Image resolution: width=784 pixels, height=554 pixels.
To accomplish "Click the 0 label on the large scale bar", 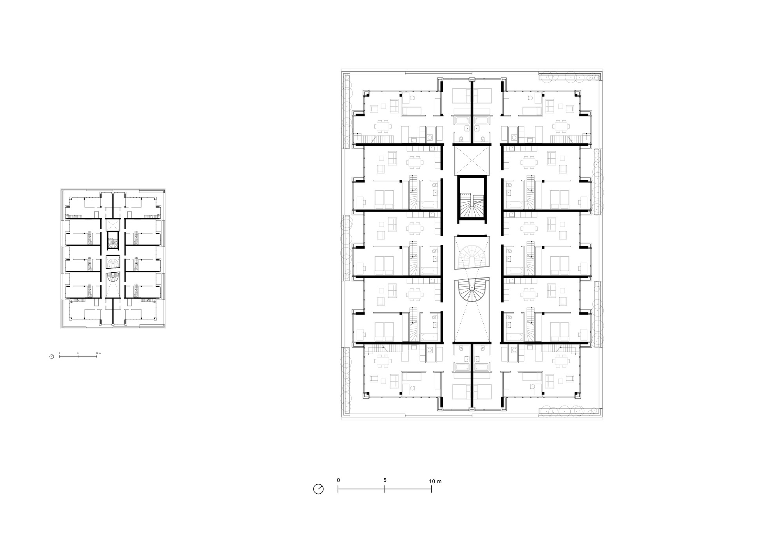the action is click(x=338, y=480).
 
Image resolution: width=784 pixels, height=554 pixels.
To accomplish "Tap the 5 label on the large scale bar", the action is click(x=385, y=480).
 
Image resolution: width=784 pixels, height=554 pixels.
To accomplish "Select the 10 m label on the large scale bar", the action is click(x=435, y=481).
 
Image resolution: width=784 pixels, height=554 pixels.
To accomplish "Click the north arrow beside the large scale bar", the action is click(x=318, y=489).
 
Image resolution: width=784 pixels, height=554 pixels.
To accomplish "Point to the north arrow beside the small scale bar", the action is click(x=52, y=357).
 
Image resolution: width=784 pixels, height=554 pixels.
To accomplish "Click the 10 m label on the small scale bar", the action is click(x=98, y=353).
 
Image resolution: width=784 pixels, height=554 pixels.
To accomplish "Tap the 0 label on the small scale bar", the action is click(x=60, y=353).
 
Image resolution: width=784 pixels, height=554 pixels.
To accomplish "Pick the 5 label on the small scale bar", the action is click(x=78, y=353).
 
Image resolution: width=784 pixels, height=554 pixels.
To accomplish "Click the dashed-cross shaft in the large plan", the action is click(x=472, y=160).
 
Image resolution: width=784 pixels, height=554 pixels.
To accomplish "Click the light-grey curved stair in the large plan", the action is click(x=472, y=254).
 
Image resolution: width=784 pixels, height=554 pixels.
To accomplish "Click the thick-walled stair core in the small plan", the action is click(x=113, y=241).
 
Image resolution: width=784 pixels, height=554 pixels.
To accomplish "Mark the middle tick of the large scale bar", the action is click(x=385, y=489).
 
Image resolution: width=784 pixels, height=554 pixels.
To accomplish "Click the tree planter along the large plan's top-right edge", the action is click(x=570, y=77).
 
